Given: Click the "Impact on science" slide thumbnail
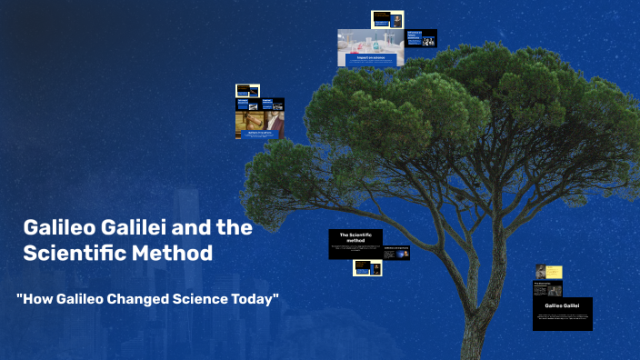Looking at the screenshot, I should click(x=369, y=49).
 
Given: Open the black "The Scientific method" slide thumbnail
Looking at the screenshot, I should click(x=355, y=244).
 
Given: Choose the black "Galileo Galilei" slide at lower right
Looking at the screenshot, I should click(x=562, y=313).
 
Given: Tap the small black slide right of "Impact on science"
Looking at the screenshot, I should click(x=422, y=38).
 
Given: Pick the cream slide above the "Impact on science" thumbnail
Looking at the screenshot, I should click(x=387, y=19).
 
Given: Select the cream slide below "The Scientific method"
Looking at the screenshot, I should click(x=367, y=268).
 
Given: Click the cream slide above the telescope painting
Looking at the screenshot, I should click(x=247, y=90).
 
